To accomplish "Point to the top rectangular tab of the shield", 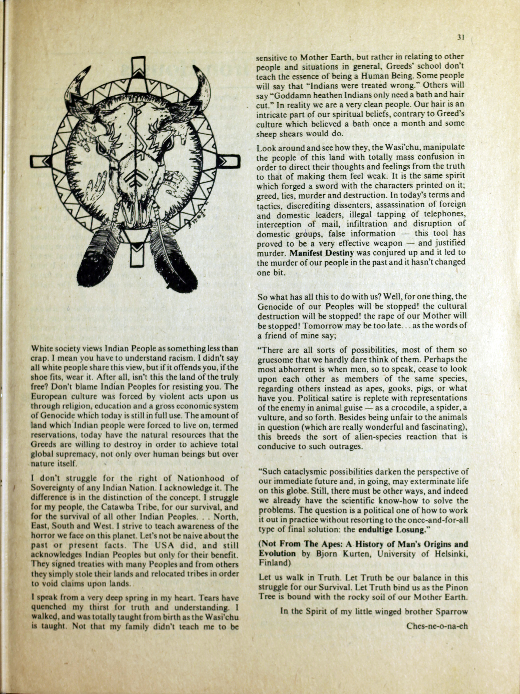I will pos(138,67).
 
